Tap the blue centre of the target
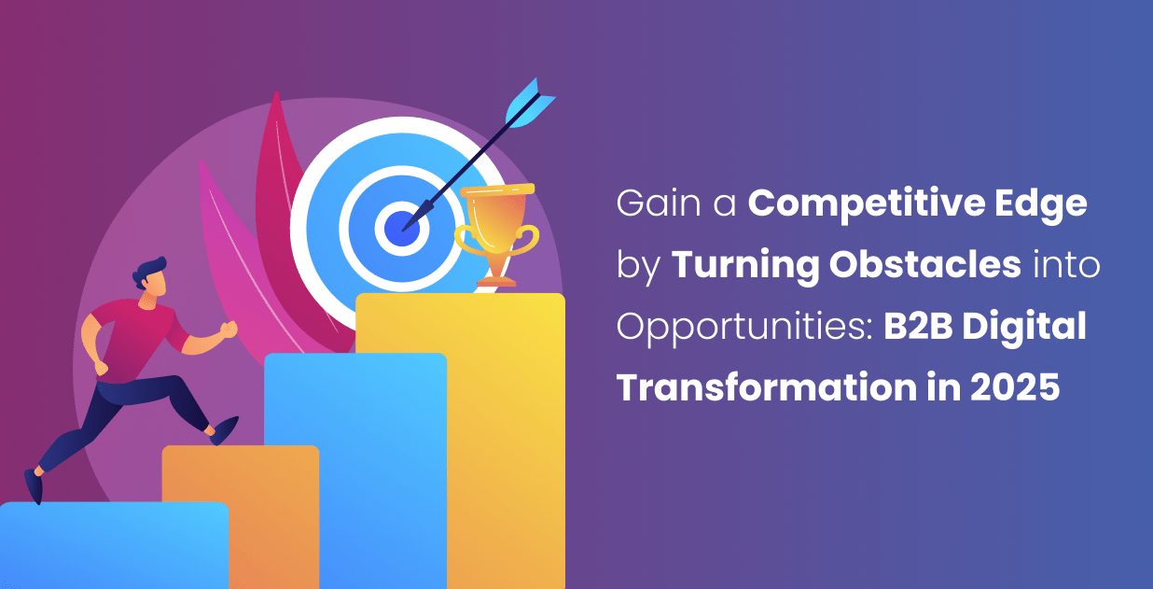coord(399,227)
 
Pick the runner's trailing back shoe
coord(34,486)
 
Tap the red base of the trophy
coord(495,280)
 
